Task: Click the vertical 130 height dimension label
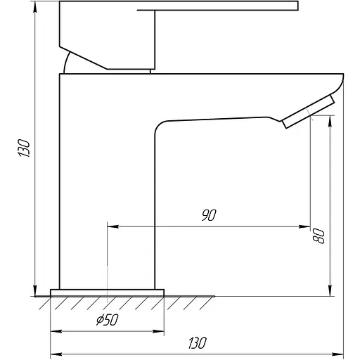coord(24,148)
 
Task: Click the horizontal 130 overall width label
coord(198,343)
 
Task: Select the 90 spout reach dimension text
coord(209,215)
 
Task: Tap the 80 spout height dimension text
coord(319,236)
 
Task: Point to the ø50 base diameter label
coord(108,320)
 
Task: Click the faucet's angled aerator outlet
coord(308,112)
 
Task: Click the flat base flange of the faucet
coord(107,293)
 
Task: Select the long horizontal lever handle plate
coord(217,6)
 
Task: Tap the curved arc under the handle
coord(66,61)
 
